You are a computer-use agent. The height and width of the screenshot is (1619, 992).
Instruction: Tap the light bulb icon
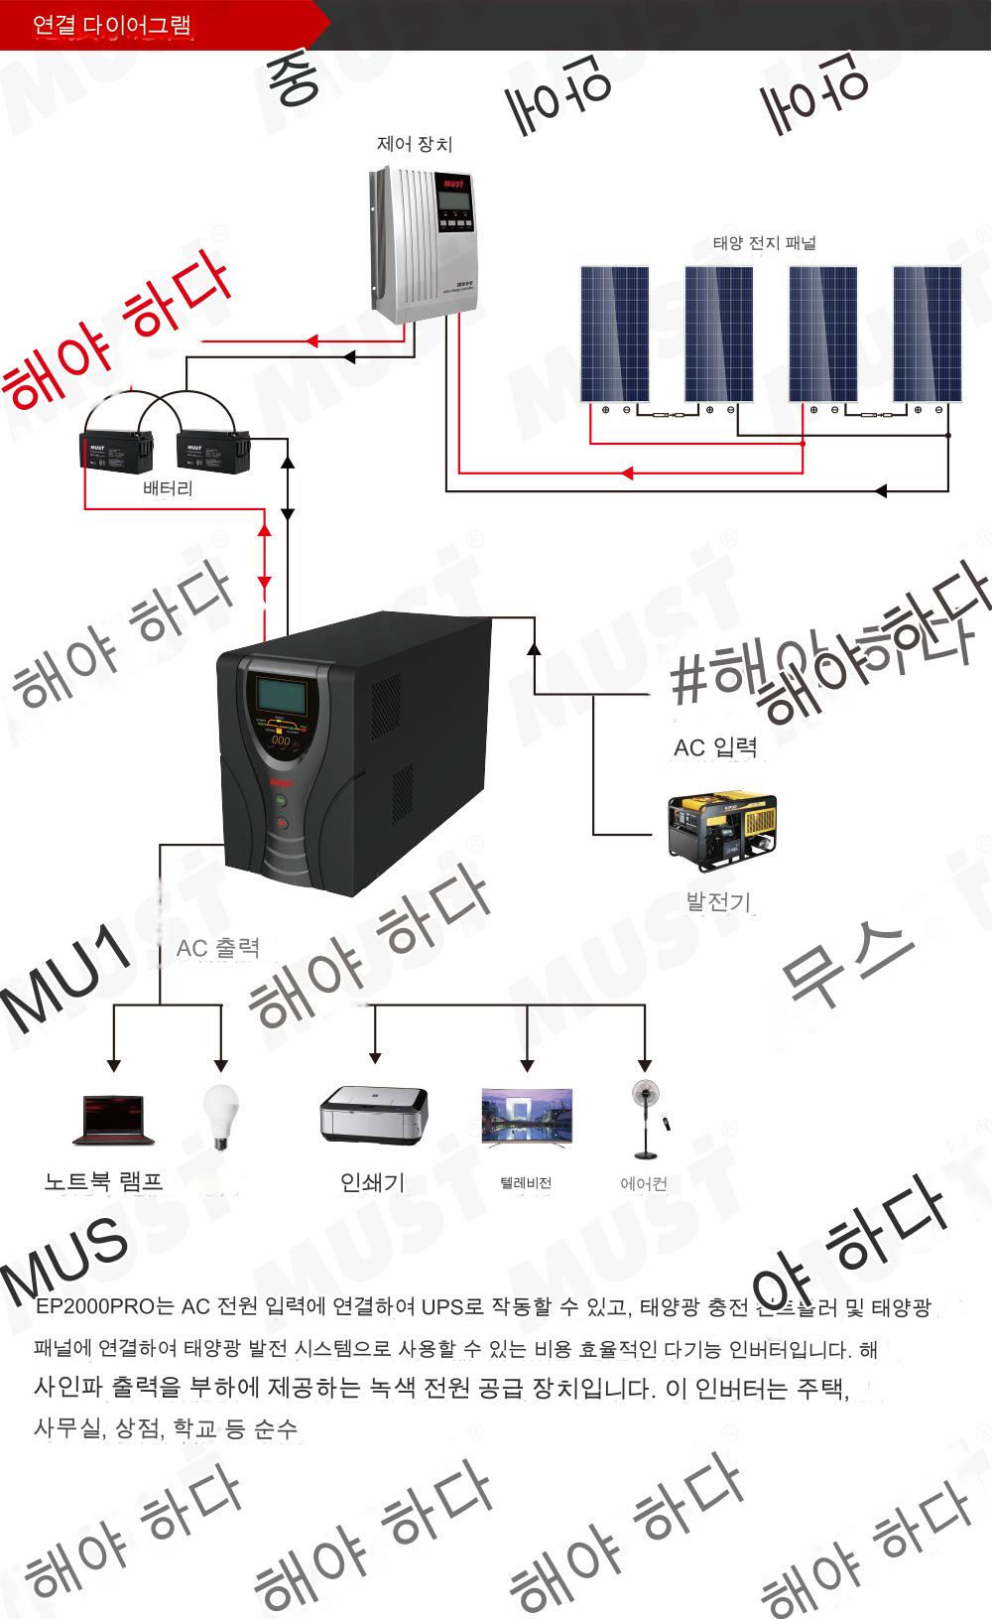click(x=221, y=1117)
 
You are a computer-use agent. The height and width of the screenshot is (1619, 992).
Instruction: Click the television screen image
click(x=527, y=1117)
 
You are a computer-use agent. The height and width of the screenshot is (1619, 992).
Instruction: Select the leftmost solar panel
click(x=615, y=334)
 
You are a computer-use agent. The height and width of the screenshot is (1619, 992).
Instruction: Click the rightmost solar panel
click(x=928, y=334)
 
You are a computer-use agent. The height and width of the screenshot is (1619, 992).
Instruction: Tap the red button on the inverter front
click(x=281, y=822)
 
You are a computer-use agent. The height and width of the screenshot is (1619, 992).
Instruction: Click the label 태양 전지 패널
click(x=764, y=243)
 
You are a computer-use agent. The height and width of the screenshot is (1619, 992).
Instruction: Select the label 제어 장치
click(x=414, y=144)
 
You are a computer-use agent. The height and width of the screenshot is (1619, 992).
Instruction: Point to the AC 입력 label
click(x=715, y=747)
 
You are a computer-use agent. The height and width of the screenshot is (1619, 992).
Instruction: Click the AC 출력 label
click(x=217, y=948)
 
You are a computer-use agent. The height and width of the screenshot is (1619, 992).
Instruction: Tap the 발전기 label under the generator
click(x=718, y=902)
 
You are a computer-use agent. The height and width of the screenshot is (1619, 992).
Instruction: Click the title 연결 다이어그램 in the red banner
click(x=111, y=25)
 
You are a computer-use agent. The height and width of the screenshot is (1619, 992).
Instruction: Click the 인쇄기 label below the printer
click(x=372, y=1182)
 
